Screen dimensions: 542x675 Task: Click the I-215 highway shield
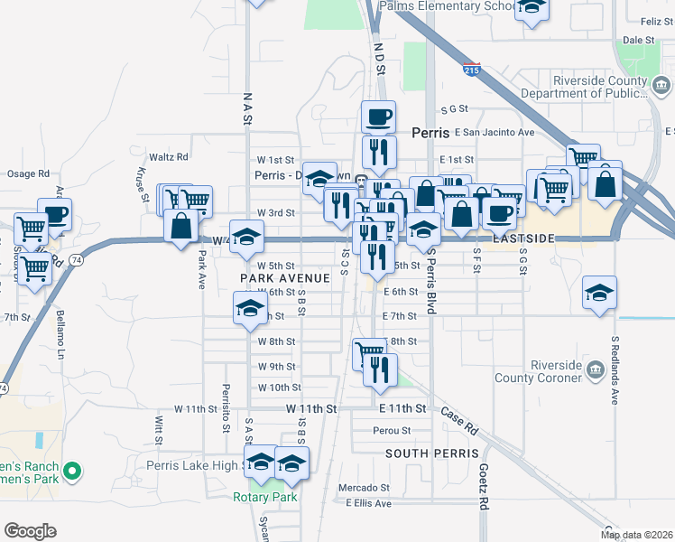471,70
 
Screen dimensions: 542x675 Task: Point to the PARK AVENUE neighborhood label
281,278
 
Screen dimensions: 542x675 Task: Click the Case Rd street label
459,419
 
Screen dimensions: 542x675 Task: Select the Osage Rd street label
29,173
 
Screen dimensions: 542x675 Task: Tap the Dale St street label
638,41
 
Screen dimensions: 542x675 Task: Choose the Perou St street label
393,431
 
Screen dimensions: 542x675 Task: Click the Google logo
30,531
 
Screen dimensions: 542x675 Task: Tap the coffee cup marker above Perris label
378,117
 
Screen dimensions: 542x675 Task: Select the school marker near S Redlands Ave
599,294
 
